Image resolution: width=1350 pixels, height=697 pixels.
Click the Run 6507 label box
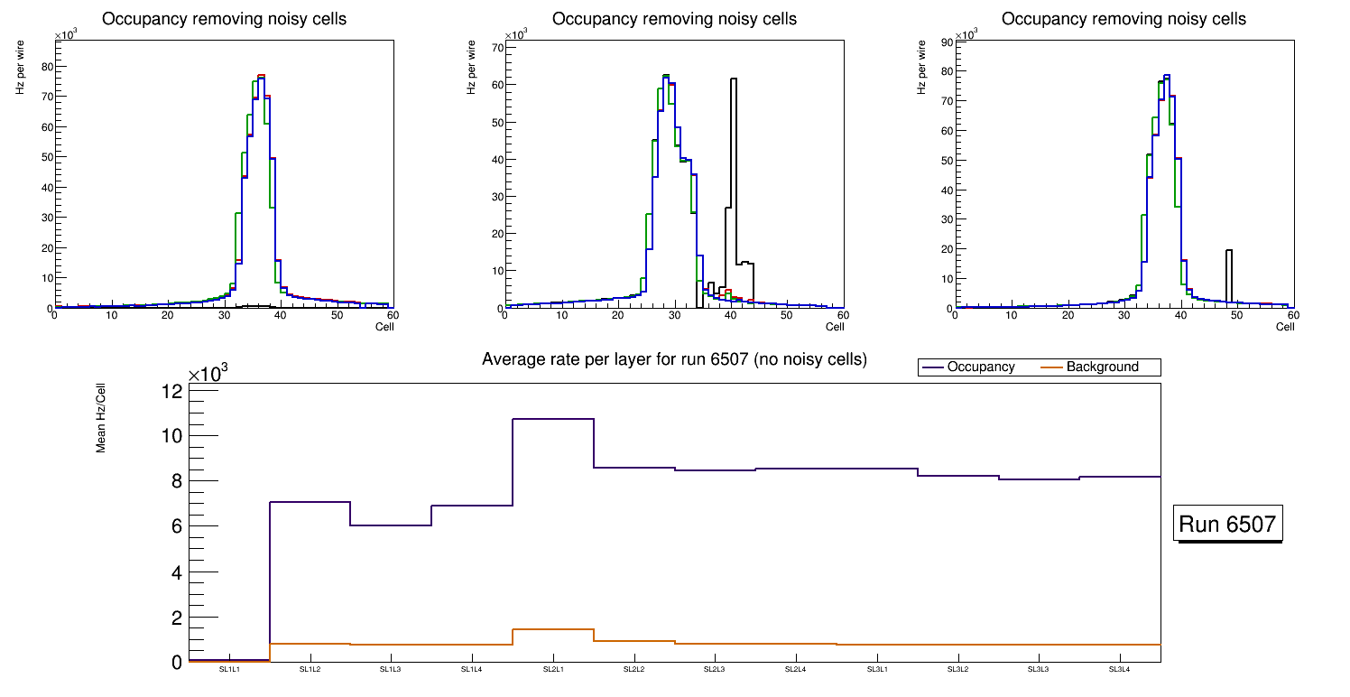[1228, 524]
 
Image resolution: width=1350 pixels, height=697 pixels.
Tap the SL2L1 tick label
[552, 670]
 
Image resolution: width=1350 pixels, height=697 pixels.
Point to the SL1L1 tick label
[229, 670]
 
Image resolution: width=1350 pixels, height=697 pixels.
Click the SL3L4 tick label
[1119, 670]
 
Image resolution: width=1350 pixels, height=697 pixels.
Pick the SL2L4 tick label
[795, 670]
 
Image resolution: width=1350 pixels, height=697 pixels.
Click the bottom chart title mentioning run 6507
[674, 359]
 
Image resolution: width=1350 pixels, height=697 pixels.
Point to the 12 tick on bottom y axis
[171, 391]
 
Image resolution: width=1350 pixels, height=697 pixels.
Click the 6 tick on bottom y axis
[176, 526]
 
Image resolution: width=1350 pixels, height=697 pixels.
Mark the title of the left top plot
[224, 19]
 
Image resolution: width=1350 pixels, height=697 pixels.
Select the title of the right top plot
[1123, 19]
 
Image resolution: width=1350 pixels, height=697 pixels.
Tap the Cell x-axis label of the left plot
[384, 326]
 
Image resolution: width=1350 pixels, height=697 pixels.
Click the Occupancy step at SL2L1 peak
[552, 419]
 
